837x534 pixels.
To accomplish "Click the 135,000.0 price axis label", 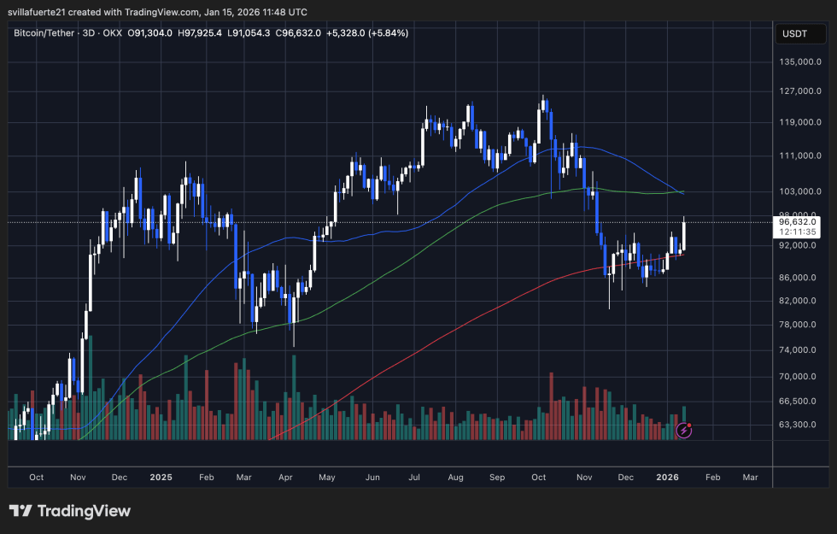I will [800, 62].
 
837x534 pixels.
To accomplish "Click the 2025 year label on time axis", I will [160, 477].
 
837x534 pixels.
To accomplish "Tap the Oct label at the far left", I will [37, 477].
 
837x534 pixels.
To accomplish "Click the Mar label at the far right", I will [751, 477].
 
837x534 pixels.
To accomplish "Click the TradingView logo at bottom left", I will [70, 511].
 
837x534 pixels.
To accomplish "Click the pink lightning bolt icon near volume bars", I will [683, 430].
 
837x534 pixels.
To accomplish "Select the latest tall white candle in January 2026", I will [685, 236].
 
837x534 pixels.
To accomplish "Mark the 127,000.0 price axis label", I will [800, 91].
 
